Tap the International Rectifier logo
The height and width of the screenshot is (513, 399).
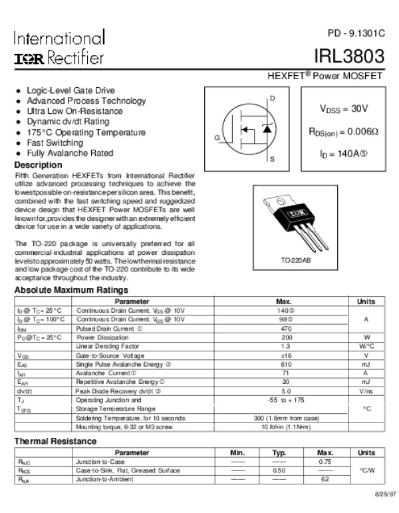[x=59, y=48]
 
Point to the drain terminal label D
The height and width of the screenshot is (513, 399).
[x=272, y=98]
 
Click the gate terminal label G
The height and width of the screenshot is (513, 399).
[x=217, y=137]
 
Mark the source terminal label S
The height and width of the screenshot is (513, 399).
[x=272, y=160]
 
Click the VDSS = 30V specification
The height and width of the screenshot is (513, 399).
[x=344, y=108]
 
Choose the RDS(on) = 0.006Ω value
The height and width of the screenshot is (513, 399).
[x=343, y=132]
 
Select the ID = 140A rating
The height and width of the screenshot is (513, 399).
[x=343, y=155]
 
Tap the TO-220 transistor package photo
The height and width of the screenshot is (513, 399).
[x=287, y=219]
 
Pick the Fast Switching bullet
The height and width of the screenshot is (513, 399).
[x=55, y=143]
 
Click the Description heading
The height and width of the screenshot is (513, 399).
[x=38, y=165]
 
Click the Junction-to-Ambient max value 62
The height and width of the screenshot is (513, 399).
[x=325, y=479]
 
